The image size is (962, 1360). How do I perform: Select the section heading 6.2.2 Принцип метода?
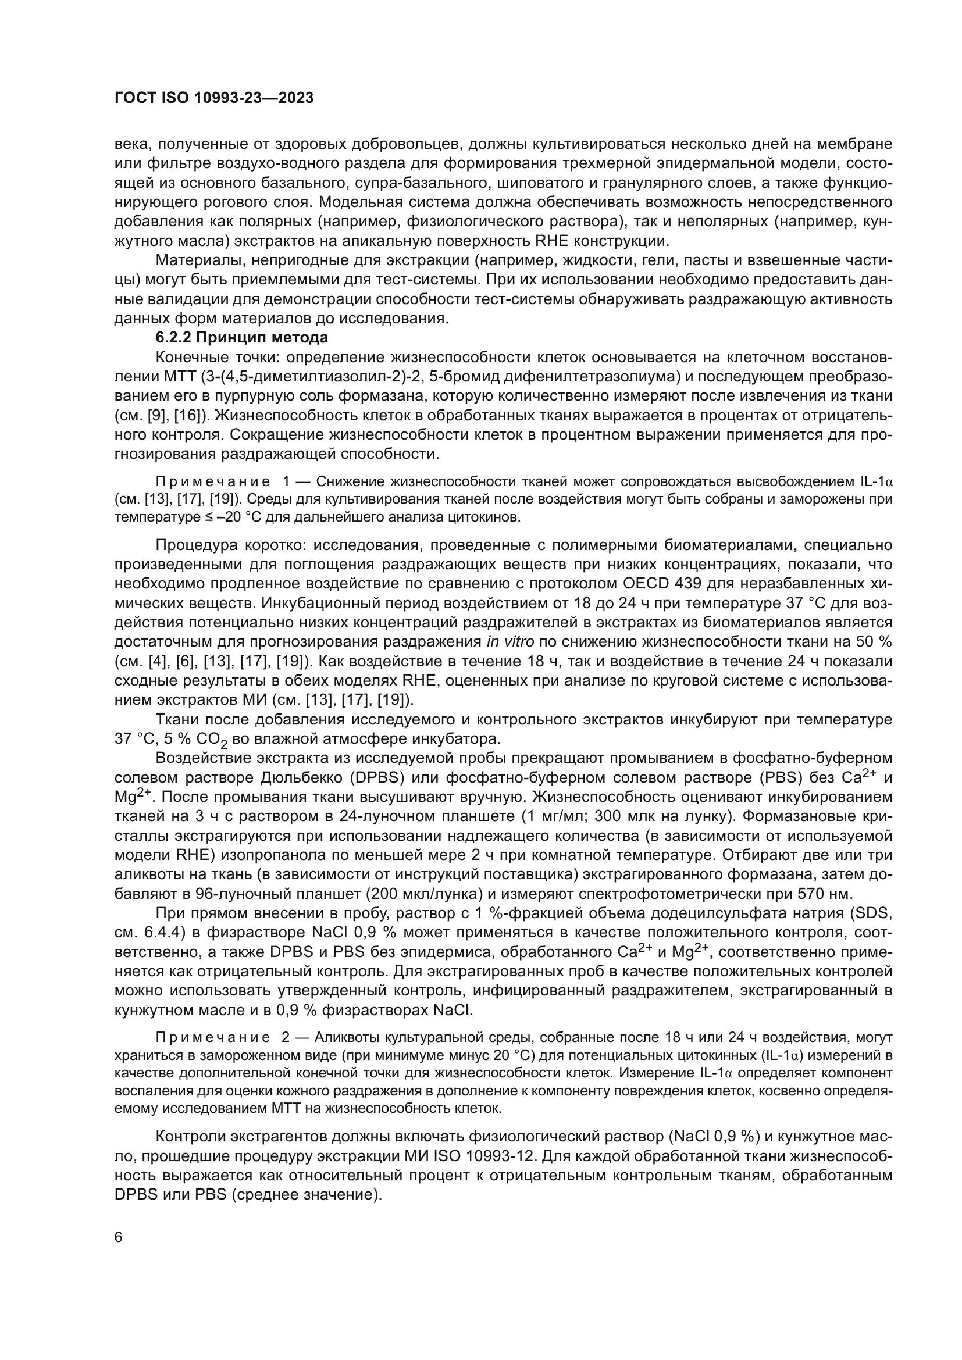(x=242, y=338)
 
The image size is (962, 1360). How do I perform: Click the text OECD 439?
(x=662, y=583)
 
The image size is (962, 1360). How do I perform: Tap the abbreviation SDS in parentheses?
(x=875, y=927)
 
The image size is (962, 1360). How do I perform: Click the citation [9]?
(x=158, y=415)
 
